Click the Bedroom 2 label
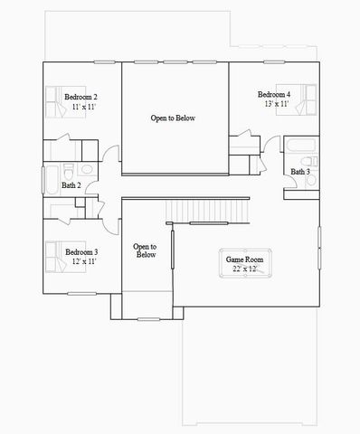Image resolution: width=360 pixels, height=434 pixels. pyautogui.click(x=82, y=97)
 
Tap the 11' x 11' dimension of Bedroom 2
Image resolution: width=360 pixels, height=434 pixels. pyautogui.click(x=82, y=107)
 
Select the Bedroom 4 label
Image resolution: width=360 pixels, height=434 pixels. pyautogui.click(x=273, y=95)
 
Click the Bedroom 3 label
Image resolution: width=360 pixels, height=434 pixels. pyautogui.click(x=81, y=251)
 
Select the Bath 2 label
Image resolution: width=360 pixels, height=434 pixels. pyautogui.click(x=71, y=185)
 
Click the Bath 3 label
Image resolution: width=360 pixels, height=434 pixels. pyautogui.click(x=300, y=172)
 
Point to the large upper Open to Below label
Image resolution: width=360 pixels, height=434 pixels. pyautogui.click(x=172, y=118)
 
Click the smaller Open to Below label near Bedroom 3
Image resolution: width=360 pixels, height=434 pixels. pyautogui.click(x=145, y=250)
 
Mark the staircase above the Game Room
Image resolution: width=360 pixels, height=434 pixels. pyautogui.click(x=208, y=212)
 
